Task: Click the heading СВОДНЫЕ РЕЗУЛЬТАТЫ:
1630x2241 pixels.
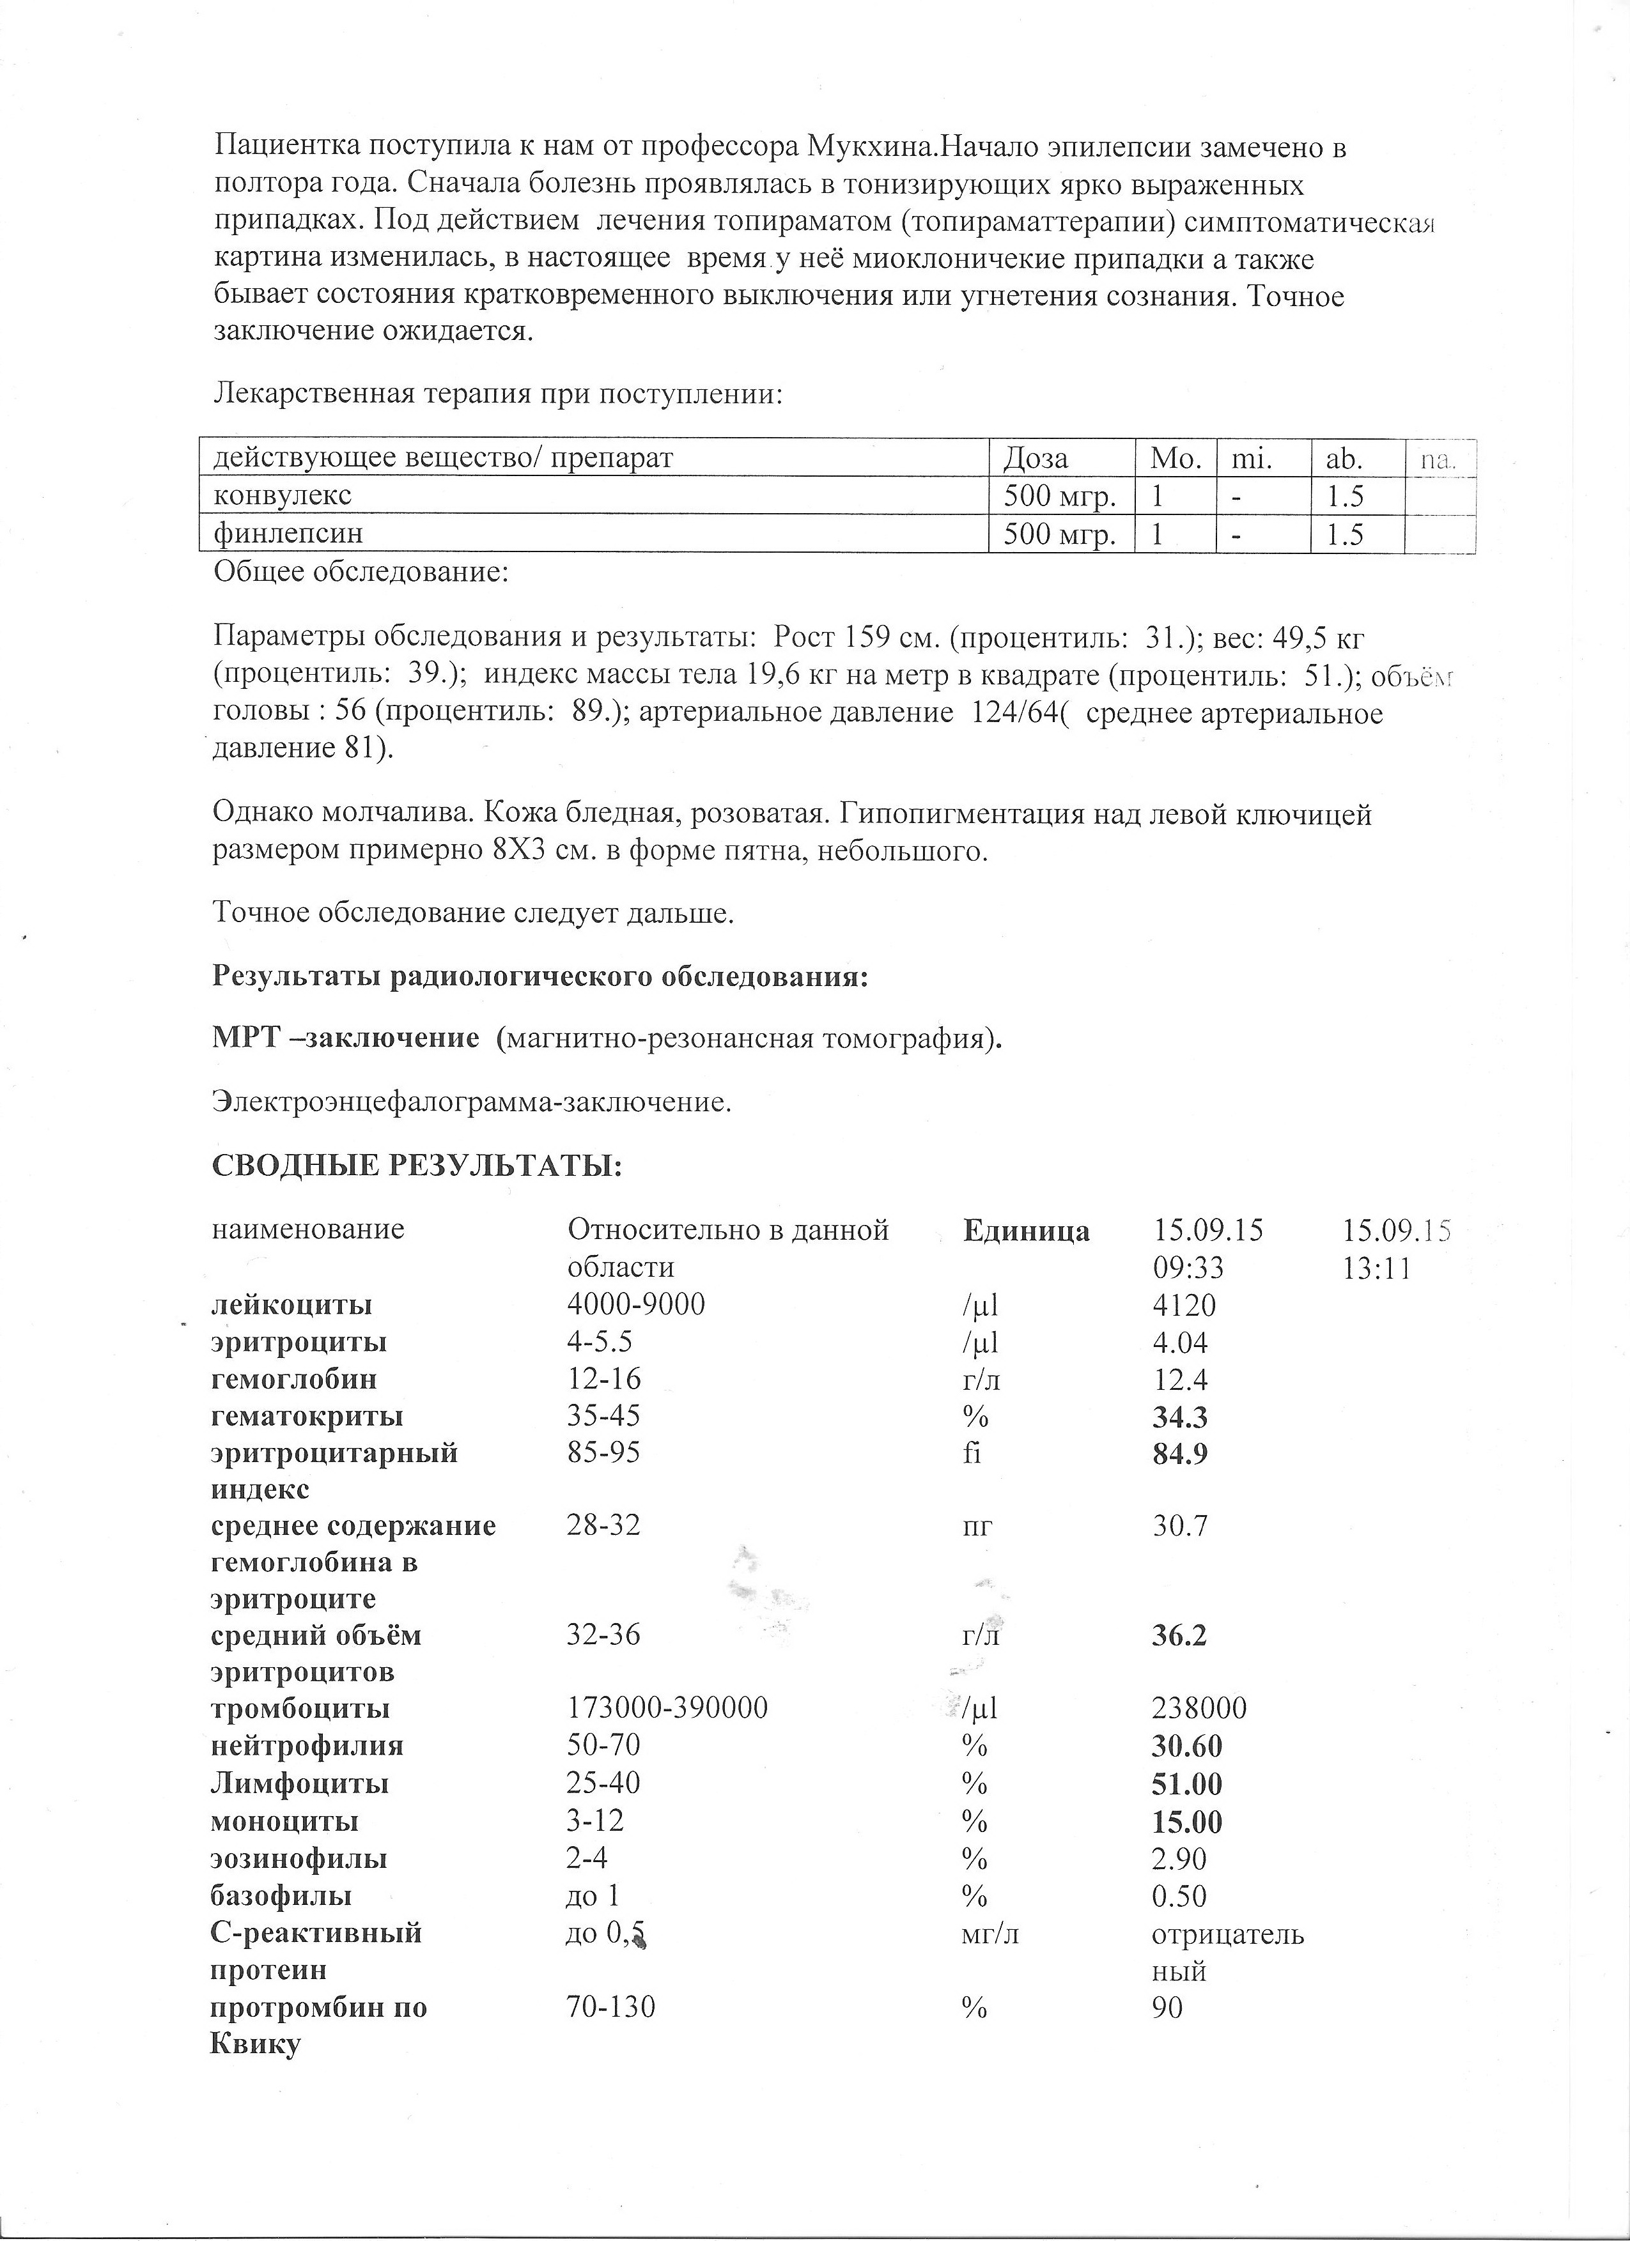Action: (417, 1167)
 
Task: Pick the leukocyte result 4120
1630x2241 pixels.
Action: (1183, 1306)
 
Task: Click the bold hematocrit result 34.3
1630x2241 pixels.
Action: (1179, 1418)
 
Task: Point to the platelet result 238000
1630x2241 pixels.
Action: (1199, 1709)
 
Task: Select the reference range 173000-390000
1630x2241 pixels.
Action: (667, 1709)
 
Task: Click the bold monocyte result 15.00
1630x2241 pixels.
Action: (1187, 1821)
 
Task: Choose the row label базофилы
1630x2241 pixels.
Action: (282, 1896)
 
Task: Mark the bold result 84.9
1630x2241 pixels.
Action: (1179, 1454)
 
